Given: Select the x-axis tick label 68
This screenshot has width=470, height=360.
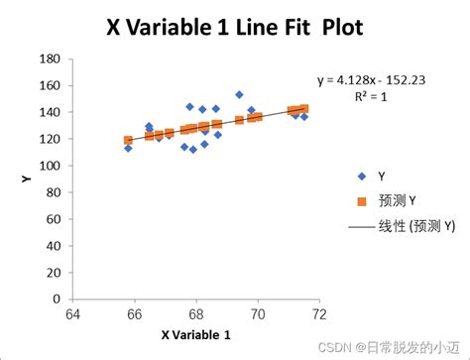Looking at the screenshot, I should (x=195, y=315).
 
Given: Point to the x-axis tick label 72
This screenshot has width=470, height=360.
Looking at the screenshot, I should (x=319, y=315).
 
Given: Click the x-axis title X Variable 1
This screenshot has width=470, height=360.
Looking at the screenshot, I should (x=195, y=334).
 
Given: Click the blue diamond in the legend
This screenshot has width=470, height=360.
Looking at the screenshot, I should (x=359, y=177).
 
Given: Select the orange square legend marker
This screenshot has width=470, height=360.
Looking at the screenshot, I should (x=359, y=201).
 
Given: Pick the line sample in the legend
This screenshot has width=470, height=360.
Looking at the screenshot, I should (x=359, y=226).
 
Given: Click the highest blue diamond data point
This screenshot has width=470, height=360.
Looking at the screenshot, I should (x=239, y=95).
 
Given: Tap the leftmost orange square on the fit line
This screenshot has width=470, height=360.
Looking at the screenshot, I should (x=128, y=141).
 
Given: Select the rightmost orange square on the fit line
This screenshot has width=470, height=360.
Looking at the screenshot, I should (x=303, y=109).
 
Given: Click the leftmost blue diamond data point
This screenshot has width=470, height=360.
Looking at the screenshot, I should (x=128, y=149).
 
